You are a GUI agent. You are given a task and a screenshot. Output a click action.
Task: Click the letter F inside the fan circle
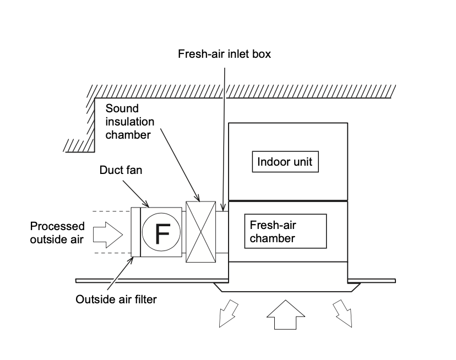[x=161, y=233]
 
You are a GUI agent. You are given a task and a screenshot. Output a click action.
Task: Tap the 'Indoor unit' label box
[x=285, y=162]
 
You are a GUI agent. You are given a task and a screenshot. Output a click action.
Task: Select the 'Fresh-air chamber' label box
[x=285, y=231]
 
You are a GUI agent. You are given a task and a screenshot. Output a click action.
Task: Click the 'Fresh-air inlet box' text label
[x=224, y=54]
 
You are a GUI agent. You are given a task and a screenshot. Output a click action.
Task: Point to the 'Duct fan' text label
[x=121, y=170]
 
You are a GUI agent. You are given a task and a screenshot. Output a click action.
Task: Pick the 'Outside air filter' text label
[x=116, y=299]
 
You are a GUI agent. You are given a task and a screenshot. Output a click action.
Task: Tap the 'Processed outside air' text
[x=57, y=232]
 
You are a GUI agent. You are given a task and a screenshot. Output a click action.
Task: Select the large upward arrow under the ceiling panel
[x=285, y=315]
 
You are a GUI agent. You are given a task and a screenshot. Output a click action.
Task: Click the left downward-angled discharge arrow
[x=227, y=314]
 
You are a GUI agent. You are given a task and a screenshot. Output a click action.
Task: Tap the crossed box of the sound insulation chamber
[x=200, y=231]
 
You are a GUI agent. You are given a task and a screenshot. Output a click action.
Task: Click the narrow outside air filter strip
[x=135, y=232]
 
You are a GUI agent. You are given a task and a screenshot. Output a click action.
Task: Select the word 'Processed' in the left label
[x=57, y=226]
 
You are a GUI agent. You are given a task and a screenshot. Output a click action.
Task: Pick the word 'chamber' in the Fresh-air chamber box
[x=272, y=238]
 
